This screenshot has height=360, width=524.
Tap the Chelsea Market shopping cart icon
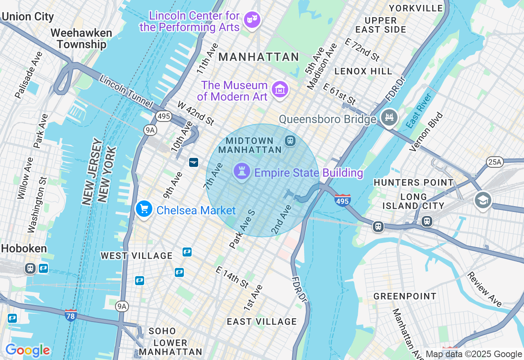144,209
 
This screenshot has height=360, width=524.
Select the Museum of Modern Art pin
280,89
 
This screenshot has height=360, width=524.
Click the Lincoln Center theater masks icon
252,19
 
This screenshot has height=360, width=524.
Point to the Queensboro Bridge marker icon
389,117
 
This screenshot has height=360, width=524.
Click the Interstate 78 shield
71,315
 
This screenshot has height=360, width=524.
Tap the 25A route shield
495,162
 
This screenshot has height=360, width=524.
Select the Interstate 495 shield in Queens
342,200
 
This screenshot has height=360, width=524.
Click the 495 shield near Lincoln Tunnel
163,116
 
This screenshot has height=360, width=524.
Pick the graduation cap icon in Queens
483,200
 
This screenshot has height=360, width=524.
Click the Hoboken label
24,248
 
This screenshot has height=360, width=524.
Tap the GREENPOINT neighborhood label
404,296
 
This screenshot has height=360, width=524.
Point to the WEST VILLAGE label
137,256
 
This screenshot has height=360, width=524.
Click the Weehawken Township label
81,38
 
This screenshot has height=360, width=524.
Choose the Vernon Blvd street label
426,132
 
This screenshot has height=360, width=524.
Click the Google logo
27,350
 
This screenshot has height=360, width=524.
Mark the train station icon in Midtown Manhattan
290,141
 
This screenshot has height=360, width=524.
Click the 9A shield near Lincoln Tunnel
150,130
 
